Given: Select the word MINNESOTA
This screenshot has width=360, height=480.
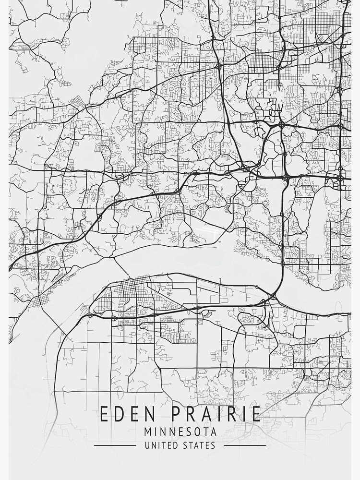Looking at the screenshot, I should pyautogui.click(x=180, y=432).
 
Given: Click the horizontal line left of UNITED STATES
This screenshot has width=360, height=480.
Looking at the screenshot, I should pyautogui.click(x=115, y=445).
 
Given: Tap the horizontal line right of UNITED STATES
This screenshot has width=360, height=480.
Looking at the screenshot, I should pyautogui.click(x=245, y=445).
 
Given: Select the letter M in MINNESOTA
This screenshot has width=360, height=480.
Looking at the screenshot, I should pyautogui.click(x=147, y=432).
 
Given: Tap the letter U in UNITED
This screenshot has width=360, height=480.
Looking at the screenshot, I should pyautogui.click(x=147, y=445).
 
